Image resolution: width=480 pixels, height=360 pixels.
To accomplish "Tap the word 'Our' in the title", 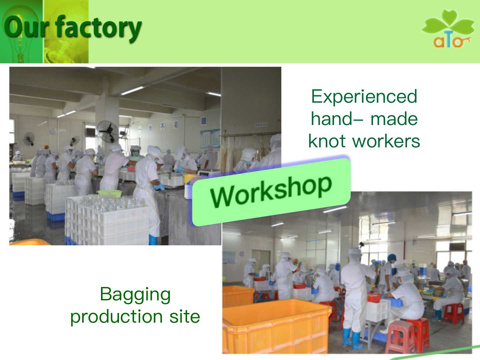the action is pyautogui.click(x=26, y=27).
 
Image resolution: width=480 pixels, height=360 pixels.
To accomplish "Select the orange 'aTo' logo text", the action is pyautogui.click(x=452, y=42).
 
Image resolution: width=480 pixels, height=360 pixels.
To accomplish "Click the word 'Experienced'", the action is pyautogui.click(x=364, y=97).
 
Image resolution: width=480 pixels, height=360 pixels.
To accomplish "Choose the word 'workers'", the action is pyautogui.click(x=386, y=141).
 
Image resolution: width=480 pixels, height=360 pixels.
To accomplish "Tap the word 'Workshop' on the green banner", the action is pyautogui.click(x=271, y=192).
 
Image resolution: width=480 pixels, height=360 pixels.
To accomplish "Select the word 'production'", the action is pyautogui.click(x=116, y=317).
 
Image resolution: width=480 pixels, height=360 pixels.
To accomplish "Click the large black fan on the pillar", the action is pyautogui.click(x=108, y=132).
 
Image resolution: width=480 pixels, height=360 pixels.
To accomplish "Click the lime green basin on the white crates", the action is pyautogui.click(x=109, y=193).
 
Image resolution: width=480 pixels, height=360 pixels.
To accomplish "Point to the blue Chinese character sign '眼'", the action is pyautogui.click(x=204, y=121).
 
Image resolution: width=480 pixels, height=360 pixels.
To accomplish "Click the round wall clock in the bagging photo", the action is pyautogui.click(x=242, y=254).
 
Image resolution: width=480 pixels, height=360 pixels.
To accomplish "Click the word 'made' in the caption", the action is pyautogui.click(x=394, y=119).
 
